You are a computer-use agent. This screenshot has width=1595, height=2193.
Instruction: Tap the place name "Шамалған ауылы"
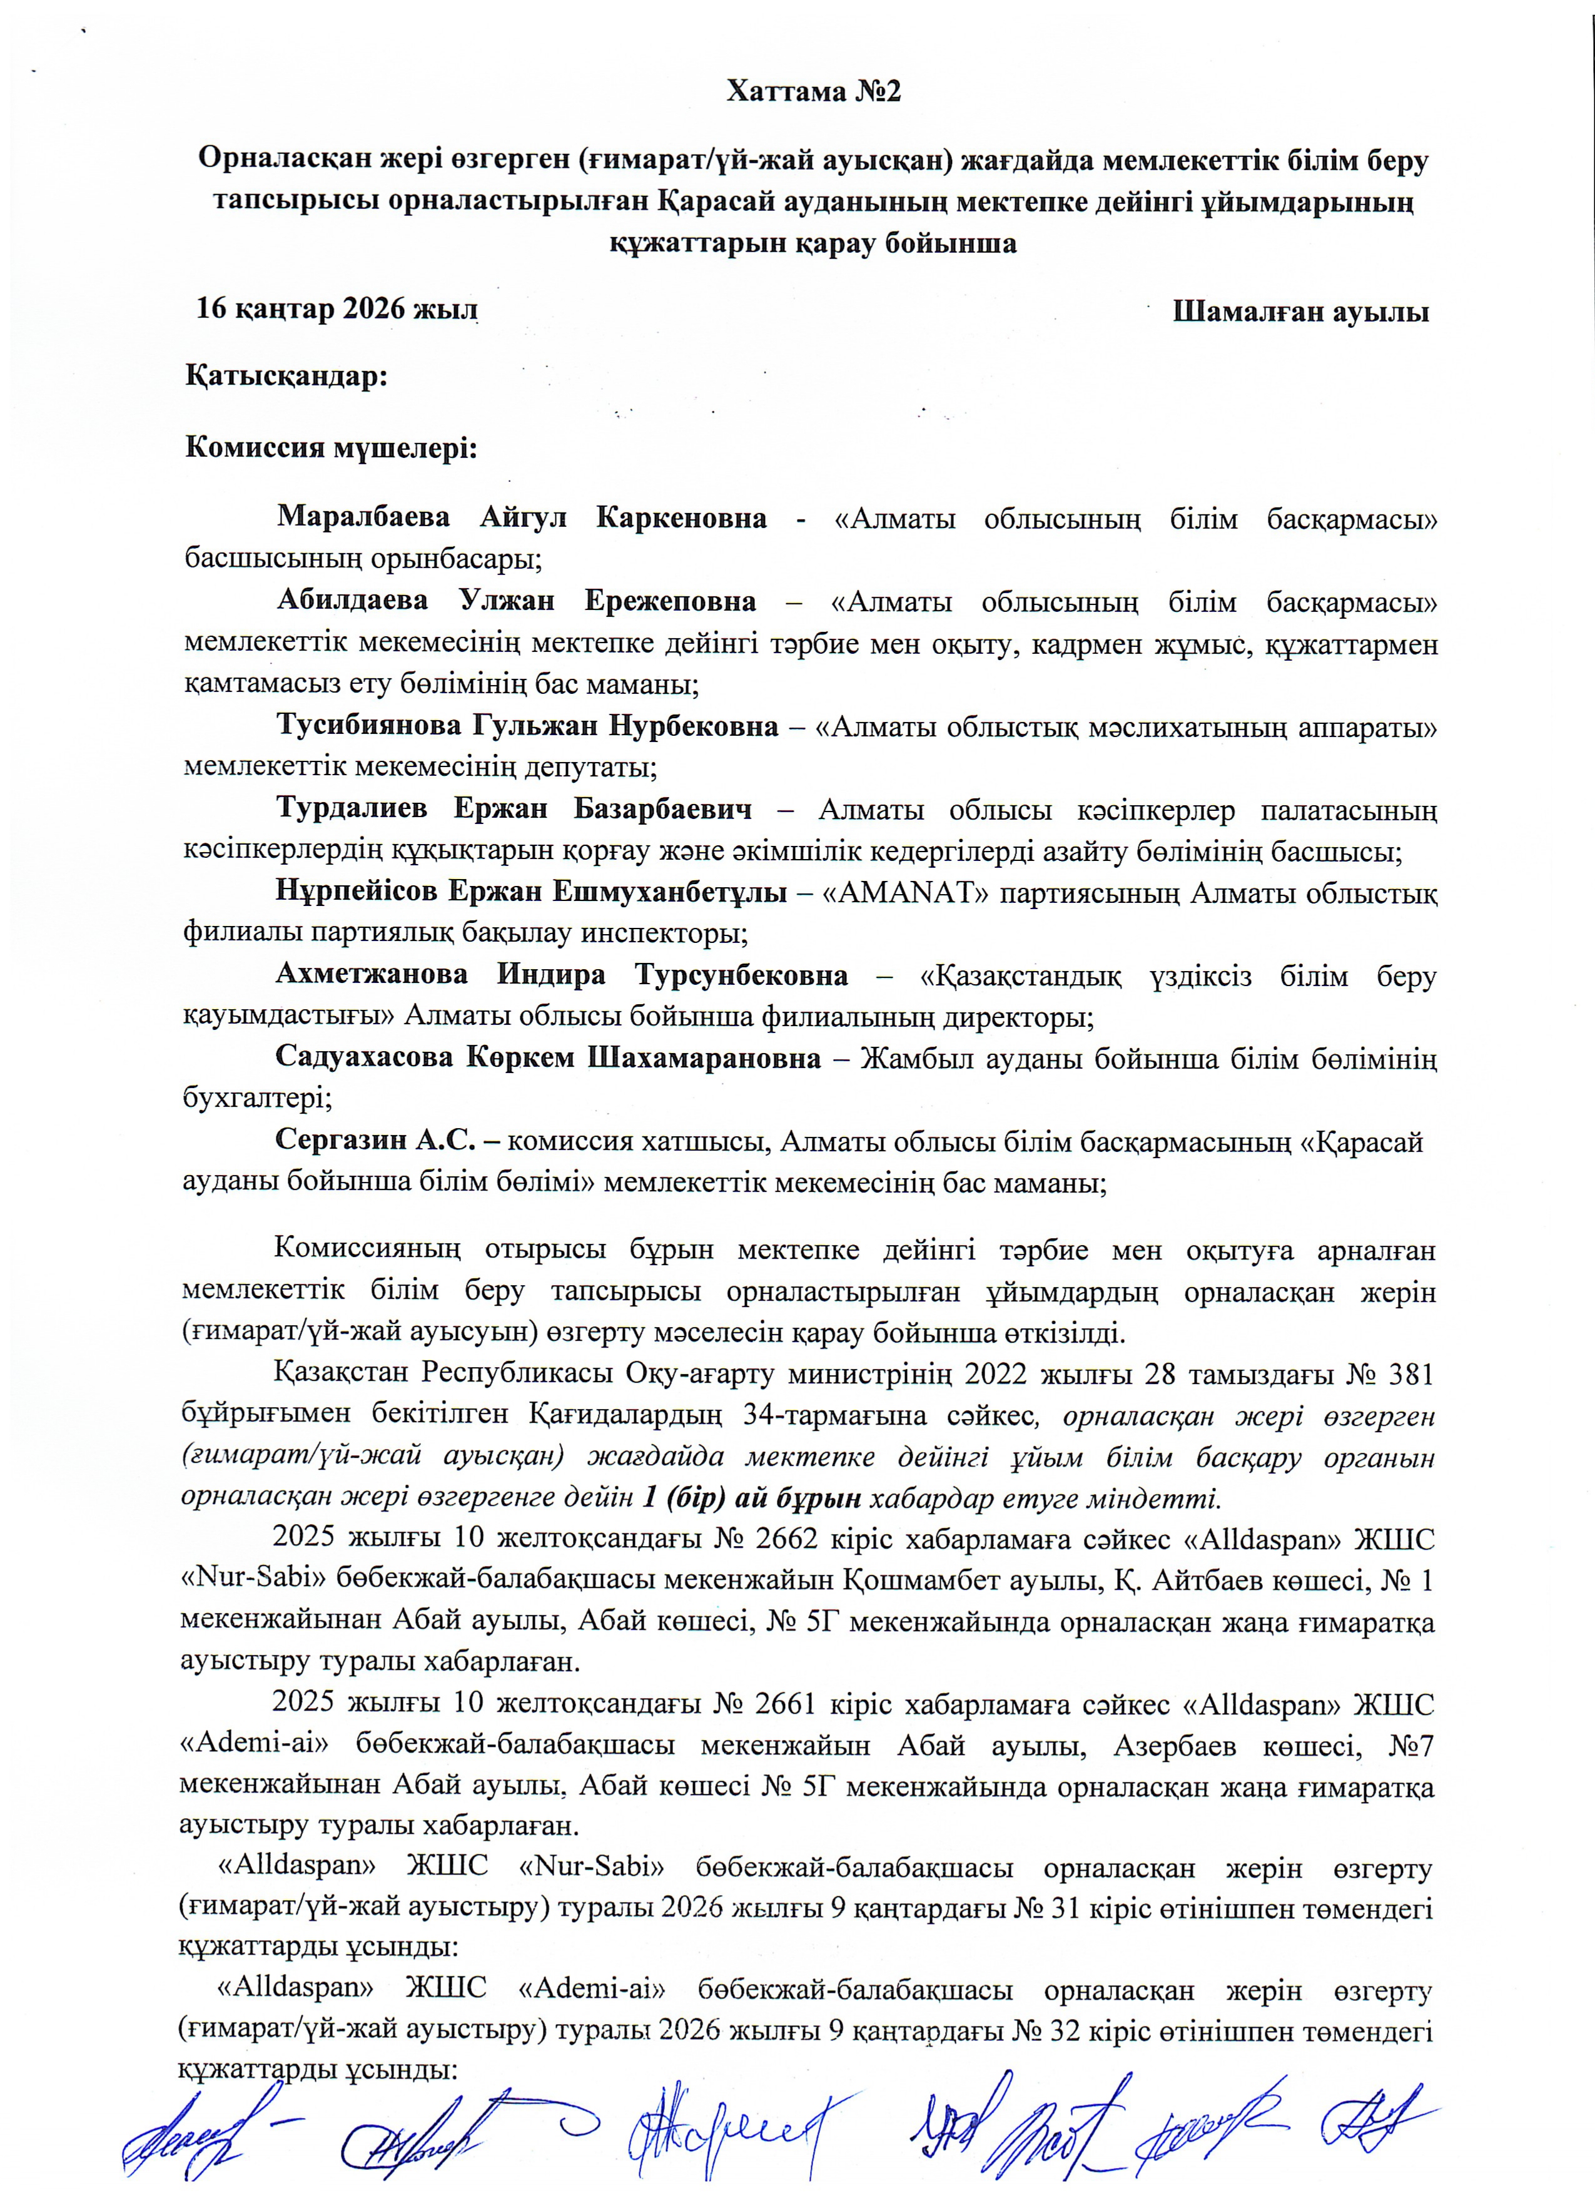1300,312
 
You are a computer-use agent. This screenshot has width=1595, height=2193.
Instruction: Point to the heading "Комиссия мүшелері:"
332,449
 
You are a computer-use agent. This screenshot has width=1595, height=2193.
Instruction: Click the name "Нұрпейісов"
354,892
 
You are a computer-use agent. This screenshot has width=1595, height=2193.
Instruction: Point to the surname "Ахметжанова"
371,975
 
